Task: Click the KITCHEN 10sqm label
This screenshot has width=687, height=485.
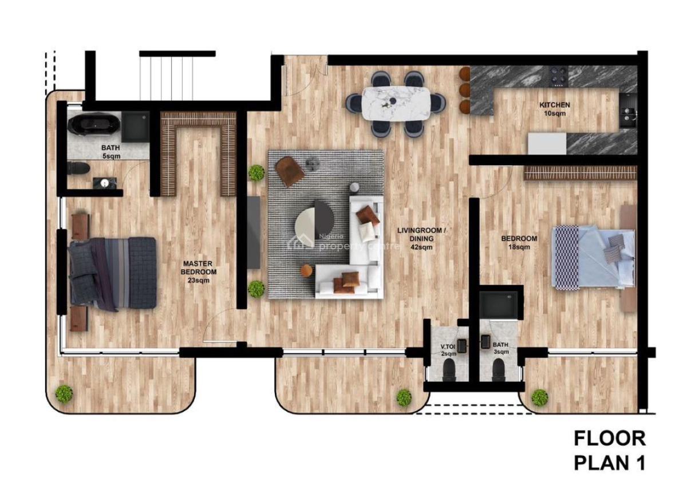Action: click(554, 109)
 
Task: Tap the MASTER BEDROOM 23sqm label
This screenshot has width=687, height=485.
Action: click(199, 272)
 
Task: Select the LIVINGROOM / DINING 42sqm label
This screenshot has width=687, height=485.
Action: click(421, 239)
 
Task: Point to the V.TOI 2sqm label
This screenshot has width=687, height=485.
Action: click(448, 350)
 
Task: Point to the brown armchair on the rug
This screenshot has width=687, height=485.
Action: click(290, 170)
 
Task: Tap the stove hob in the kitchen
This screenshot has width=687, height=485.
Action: click(559, 74)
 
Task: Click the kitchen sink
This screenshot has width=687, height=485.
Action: click(628, 117)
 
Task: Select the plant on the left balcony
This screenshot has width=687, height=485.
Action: click(64, 393)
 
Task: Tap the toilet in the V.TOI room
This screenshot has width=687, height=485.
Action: click(450, 373)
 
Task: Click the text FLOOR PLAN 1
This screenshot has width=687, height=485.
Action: click(609, 451)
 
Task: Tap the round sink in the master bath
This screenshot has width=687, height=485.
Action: click(104, 183)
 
